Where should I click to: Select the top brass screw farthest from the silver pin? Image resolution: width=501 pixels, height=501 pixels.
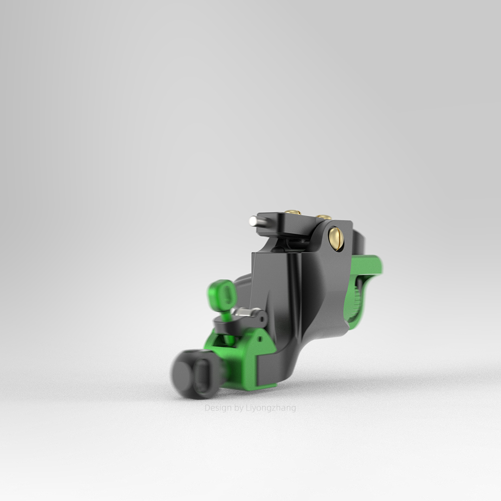tap(324, 217)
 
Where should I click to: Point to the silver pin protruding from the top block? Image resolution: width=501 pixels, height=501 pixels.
tap(254, 221)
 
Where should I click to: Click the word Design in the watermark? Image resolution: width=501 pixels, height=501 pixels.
tap(218, 408)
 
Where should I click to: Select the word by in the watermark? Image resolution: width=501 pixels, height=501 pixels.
tap(239, 408)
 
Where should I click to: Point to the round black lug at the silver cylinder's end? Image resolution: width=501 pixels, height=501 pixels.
tap(261, 319)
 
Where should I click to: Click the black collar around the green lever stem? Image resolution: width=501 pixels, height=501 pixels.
tap(223, 325)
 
